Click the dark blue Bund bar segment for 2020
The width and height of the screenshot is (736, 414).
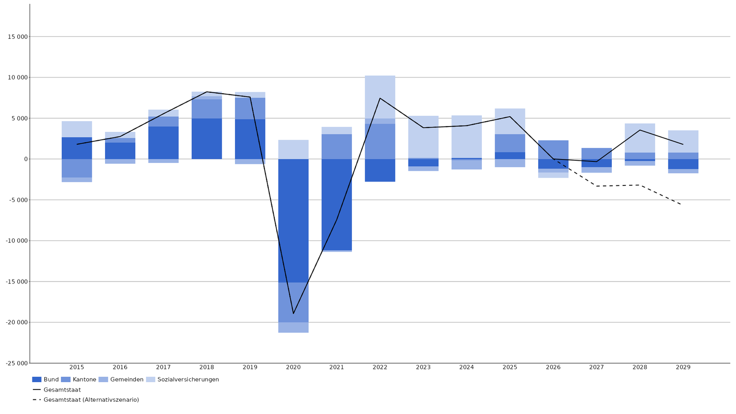[293, 220]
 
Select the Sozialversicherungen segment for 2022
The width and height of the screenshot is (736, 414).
[380, 97]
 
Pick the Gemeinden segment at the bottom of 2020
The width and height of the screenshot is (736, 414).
[293, 327]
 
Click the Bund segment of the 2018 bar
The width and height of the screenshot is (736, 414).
[207, 138]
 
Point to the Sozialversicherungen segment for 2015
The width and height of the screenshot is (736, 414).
[77, 129]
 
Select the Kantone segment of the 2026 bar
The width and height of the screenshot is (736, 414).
[553, 149]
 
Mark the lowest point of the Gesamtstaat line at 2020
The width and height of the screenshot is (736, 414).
[293, 313]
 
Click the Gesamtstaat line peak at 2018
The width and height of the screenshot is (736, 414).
[207, 92]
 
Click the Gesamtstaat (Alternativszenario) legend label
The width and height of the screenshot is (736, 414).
[91, 400]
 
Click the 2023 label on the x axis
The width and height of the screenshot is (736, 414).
[423, 367]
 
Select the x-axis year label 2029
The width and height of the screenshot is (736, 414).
[683, 367]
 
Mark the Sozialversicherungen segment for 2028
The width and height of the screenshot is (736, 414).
[639, 138]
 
